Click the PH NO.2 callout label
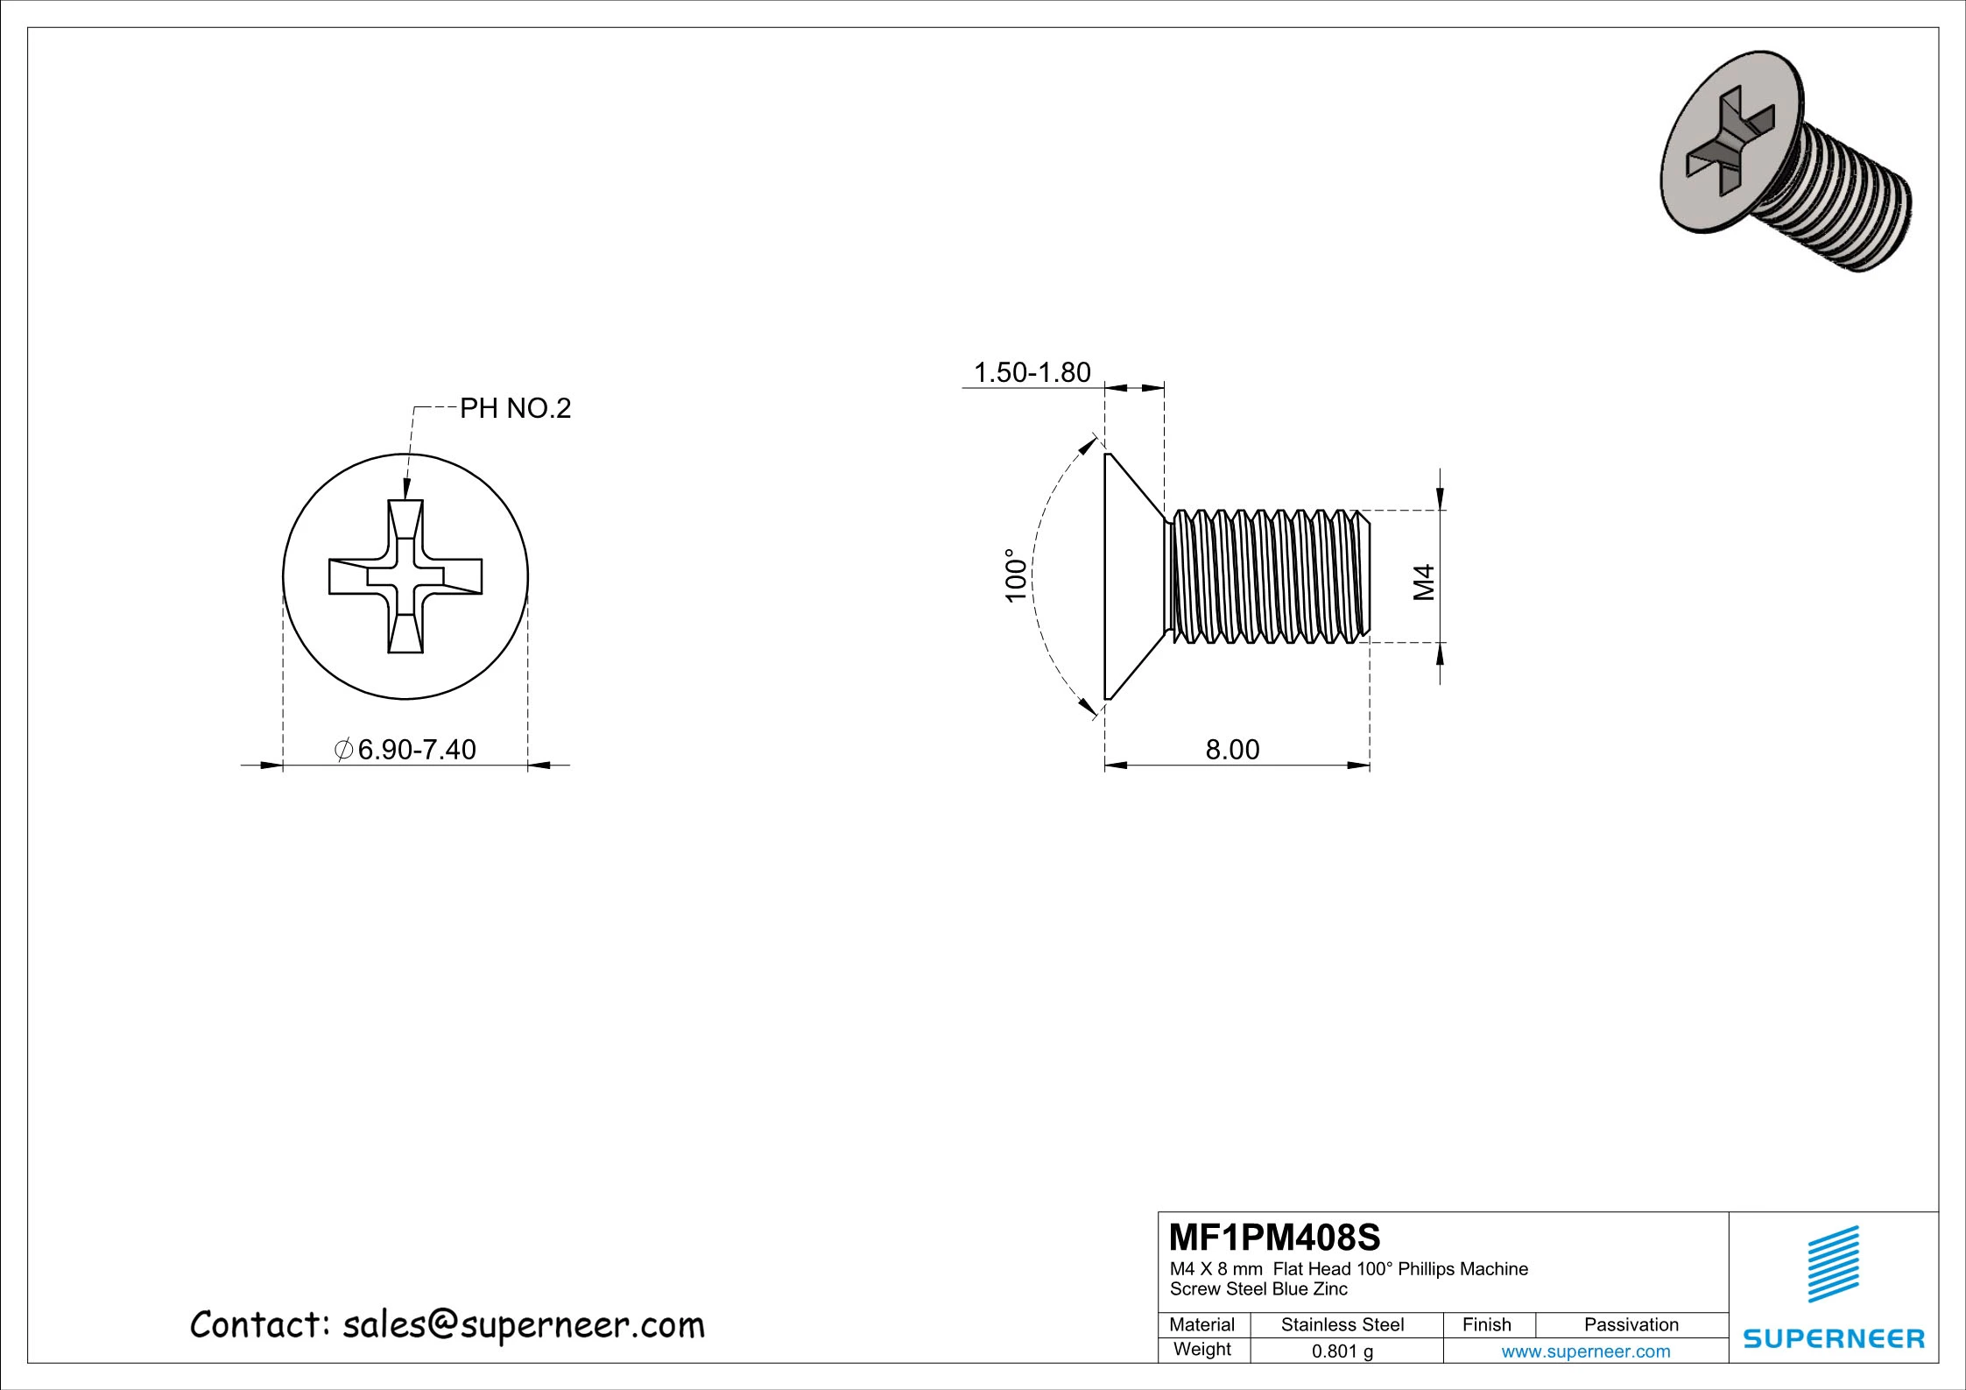point(515,408)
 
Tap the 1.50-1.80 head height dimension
point(1032,372)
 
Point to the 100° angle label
point(1015,576)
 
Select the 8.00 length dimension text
point(1232,750)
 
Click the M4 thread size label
point(1425,582)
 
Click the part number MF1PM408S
point(1274,1238)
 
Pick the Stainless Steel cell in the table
point(1342,1325)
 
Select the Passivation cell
point(1631,1325)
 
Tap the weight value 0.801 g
point(1342,1351)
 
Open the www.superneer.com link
point(1585,1351)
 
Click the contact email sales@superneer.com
point(523,1325)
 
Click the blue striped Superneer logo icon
point(1833,1265)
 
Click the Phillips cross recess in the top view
point(405,576)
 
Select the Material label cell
point(1201,1325)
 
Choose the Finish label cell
point(1486,1325)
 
